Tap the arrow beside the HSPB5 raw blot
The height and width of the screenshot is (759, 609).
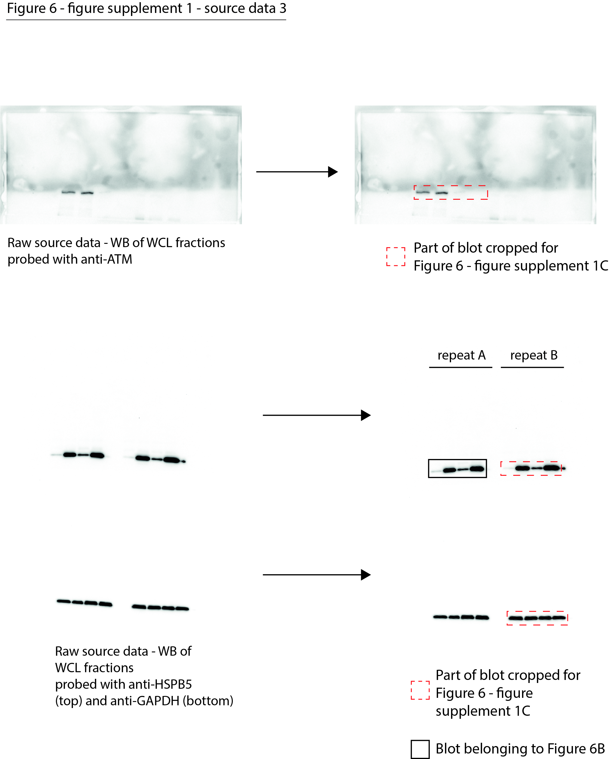(316, 415)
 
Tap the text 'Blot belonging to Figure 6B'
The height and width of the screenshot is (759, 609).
(520, 749)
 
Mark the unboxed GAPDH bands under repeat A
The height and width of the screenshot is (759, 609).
(461, 617)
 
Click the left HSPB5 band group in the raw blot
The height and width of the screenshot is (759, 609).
(83, 455)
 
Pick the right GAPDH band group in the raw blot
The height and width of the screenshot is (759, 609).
(160, 607)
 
